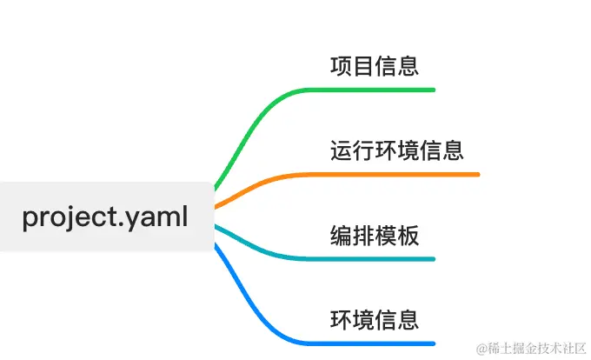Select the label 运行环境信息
[397, 150]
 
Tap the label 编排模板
[375, 235]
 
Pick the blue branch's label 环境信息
[375, 318]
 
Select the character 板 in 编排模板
[408, 235]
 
